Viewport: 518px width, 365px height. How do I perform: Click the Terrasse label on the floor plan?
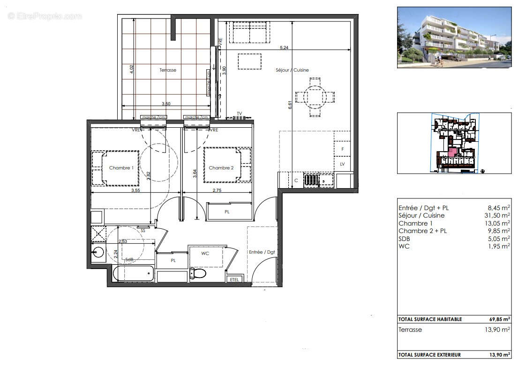point(167,70)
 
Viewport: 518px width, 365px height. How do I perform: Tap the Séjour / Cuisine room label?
point(292,70)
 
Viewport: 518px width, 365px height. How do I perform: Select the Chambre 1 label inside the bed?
point(121,168)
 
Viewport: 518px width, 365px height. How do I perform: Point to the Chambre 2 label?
point(221,168)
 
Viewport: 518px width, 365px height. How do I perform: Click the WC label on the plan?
point(205,253)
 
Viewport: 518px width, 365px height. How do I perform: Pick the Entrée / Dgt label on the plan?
point(262,252)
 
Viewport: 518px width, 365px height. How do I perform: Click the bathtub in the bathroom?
point(133,273)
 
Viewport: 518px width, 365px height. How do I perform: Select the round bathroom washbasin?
point(98,253)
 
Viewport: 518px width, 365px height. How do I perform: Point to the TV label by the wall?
point(239,113)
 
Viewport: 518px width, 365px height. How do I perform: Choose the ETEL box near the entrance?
point(233,279)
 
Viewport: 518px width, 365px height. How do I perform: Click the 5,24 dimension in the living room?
point(284,47)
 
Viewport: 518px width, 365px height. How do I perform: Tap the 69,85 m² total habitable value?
point(497,319)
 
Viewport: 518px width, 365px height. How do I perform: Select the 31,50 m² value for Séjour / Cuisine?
point(498,216)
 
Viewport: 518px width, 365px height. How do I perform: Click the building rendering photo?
point(454,37)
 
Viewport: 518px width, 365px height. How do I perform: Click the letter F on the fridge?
point(343,149)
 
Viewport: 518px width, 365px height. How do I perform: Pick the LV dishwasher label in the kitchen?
point(342,164)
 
